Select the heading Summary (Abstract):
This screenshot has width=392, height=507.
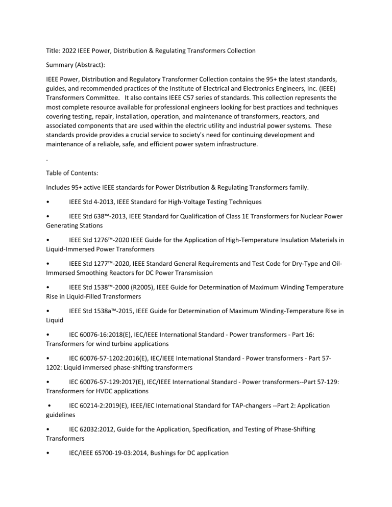pyautogui.click(x=78, y=66)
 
